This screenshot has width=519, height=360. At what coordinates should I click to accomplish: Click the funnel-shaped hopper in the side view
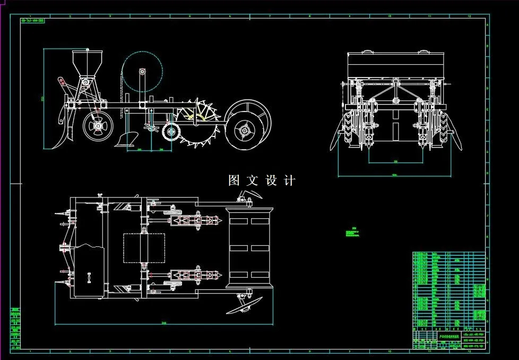click(x=85, y=62)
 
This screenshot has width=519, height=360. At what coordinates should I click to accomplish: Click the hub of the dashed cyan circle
click(x=142, y=71)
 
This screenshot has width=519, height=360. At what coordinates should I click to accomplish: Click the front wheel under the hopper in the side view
click(x=99, y=126)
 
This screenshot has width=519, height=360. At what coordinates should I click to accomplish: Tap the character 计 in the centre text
click(x=290, y=181)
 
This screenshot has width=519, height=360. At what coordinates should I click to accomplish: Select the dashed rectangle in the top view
click(x=140, y=248)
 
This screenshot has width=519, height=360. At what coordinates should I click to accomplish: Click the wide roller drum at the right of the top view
click(x=250, y=248)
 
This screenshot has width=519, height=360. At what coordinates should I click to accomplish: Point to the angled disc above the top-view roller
click(x=249, y=196)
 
